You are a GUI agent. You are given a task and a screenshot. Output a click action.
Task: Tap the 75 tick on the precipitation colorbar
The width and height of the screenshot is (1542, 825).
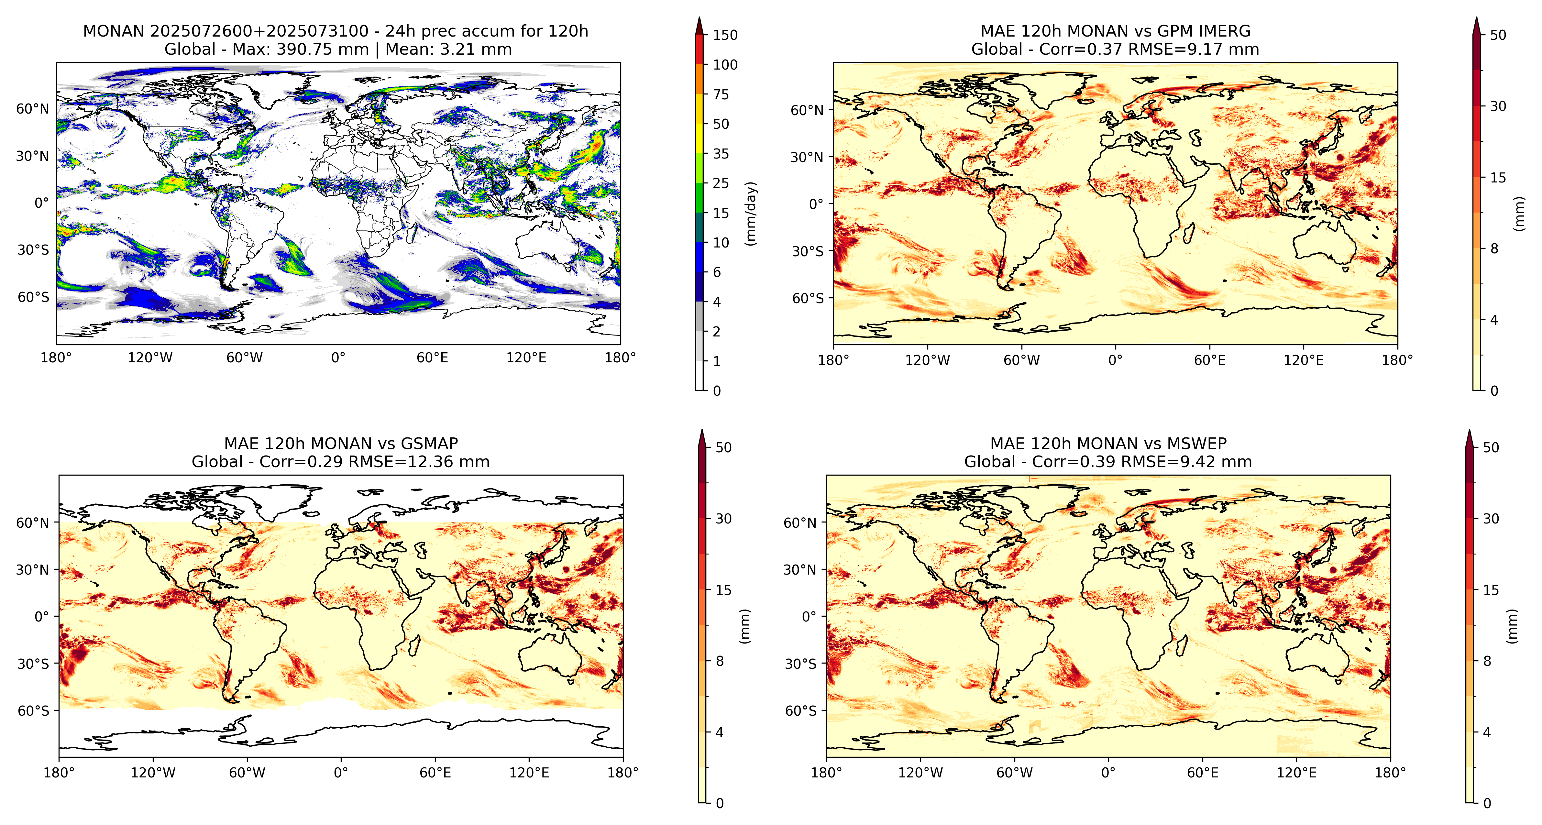click(721, 94)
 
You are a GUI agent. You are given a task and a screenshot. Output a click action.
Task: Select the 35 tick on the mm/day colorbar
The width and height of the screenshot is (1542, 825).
click(721, 154)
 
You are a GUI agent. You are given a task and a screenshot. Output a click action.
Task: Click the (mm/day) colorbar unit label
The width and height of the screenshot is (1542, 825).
click(751, 213)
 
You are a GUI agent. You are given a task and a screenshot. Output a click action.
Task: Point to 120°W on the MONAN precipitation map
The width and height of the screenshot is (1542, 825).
click(150, 358)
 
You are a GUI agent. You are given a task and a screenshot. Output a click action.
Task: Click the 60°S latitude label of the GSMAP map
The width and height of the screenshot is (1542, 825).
click(34, 711)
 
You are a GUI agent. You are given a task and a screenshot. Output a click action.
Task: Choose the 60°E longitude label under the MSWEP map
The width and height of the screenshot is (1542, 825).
click(1203, 773)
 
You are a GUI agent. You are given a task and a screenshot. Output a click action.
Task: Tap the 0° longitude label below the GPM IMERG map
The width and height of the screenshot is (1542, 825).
click(1115, 360)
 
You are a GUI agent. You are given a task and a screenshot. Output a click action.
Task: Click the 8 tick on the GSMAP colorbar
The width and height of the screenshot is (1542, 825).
click(720, 661)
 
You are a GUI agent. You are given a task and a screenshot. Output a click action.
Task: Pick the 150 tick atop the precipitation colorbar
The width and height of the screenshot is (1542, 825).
click(725, 35)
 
